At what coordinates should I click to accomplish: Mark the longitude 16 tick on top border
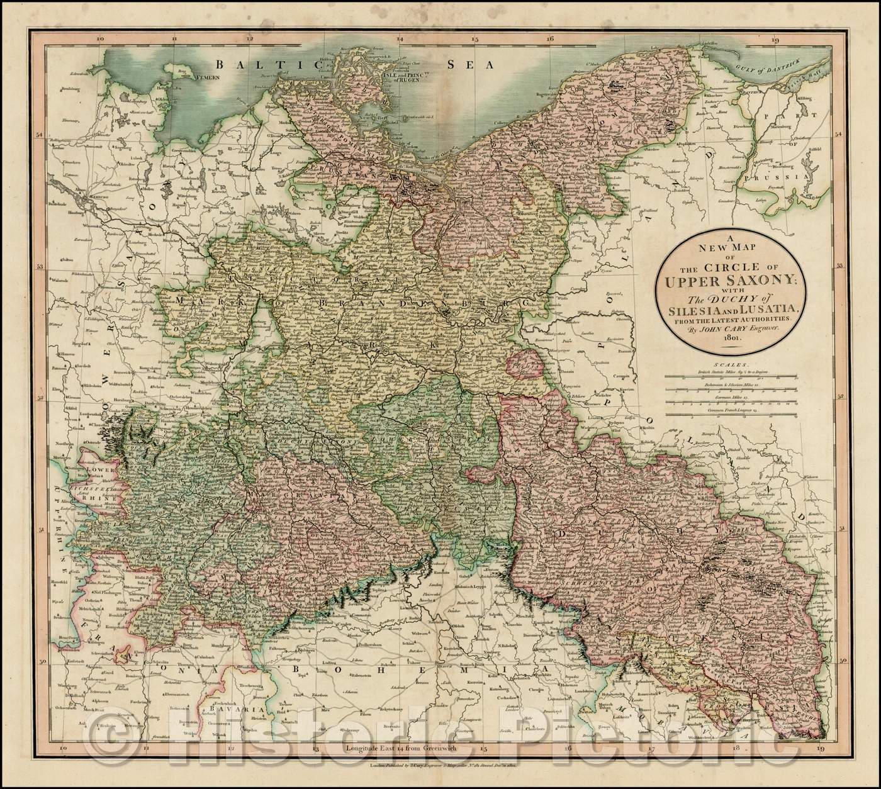[x=550, y=39]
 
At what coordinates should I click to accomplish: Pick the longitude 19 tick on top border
[x=775, y=39]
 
